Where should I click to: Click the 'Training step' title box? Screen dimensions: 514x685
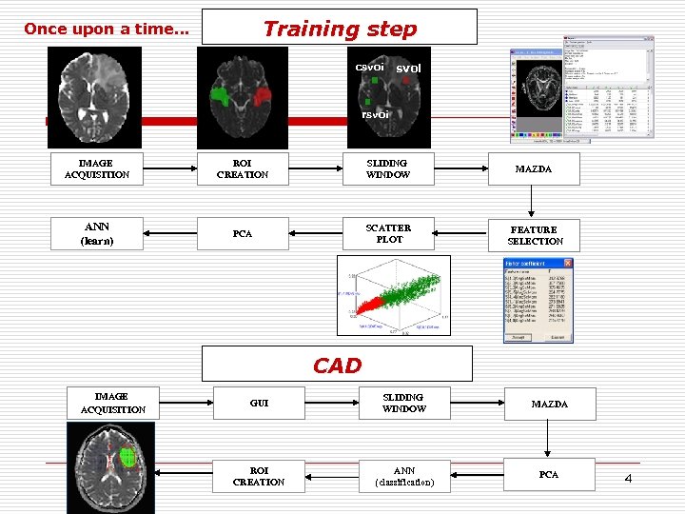tap(340, 28)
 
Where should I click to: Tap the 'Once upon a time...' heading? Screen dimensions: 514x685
tap(107, 30)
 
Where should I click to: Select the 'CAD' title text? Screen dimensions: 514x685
tap(337, 366)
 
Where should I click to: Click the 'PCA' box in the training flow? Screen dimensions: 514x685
tap(243, 234)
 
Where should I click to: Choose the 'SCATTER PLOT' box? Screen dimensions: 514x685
tap(388, 234)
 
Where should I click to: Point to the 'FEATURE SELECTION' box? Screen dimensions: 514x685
tap(535, 235)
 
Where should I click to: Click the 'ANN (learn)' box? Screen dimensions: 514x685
tap(97, 234)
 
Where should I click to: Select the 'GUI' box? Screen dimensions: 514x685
tap(259, 404)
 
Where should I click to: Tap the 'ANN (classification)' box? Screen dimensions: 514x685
tap(403, 476)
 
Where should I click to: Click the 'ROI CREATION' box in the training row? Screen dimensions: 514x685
tap(243, 169)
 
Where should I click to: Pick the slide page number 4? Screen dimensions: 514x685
tap(628, 477)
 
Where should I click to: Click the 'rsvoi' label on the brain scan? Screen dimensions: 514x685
tap(375, 115)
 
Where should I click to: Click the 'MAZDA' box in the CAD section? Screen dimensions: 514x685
tap(549, 405)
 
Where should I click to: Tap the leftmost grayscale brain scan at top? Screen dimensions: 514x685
tap(96, 96)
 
